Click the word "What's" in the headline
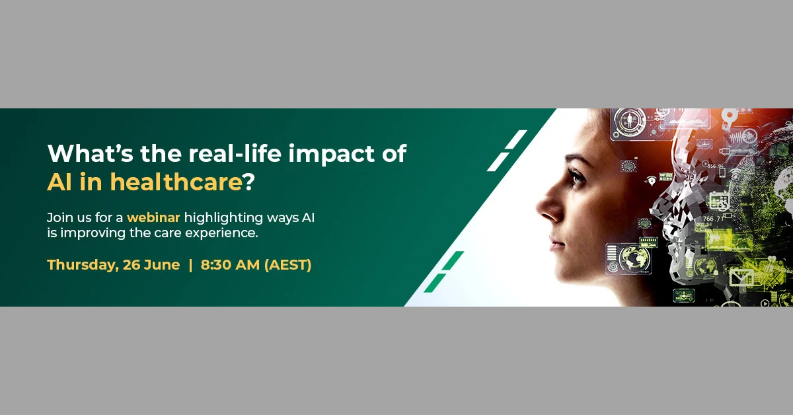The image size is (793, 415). pos(91,153)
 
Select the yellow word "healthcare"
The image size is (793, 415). pos(176,182)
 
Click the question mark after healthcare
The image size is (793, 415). pos(249,182)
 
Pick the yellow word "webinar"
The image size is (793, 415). pos(153,217)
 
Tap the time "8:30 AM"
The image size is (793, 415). pos(230,265)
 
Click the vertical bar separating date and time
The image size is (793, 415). pos(190,265)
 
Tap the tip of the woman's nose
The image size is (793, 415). pos(537,209)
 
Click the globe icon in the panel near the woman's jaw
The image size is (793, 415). pos(634,258)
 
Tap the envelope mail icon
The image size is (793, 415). pos(741,276)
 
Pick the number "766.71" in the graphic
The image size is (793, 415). pos(713,219)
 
